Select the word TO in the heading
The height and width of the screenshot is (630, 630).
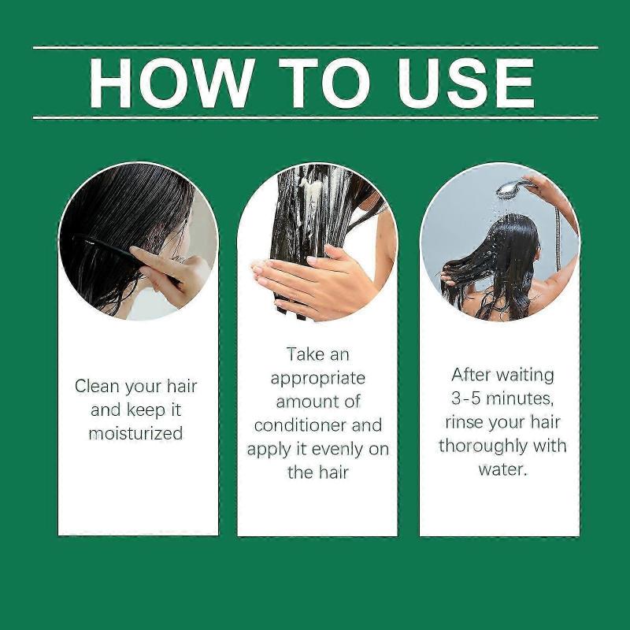tap(321, 82)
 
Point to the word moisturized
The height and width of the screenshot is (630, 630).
tap(135, 433)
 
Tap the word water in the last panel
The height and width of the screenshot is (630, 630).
tap(502, 469)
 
